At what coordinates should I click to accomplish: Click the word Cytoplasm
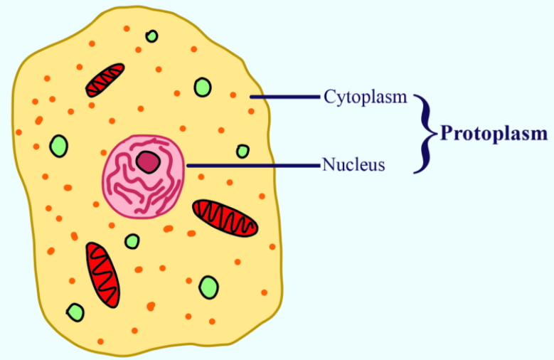(366, 97)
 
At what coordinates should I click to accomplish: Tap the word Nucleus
(353, 164)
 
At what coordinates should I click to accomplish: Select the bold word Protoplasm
(494, 134)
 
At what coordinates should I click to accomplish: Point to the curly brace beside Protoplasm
(426, 134)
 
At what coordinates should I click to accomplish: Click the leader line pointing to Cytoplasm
(284, 97)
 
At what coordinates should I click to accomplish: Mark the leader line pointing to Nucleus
(253, 165)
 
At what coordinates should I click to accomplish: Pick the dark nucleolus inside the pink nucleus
(149, 162)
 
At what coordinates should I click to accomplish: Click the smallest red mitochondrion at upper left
(105, 80)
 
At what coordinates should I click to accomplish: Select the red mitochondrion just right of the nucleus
(225, 218)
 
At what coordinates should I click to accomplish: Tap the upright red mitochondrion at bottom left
(103, 275)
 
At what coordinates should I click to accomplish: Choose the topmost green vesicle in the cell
(152, 36)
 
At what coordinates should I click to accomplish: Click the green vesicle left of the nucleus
(59, 146)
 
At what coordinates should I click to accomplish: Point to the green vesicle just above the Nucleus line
(243, 152)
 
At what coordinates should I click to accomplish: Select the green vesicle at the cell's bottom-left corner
(75, 312)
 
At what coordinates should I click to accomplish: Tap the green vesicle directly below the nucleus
(132, 241)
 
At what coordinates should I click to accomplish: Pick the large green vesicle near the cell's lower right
(209, 287)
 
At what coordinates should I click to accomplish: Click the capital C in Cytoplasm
(329, 96)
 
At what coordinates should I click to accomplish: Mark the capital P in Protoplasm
(447, 133)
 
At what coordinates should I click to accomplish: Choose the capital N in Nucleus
(329, 164)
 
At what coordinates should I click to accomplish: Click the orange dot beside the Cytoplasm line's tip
(233, 95)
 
